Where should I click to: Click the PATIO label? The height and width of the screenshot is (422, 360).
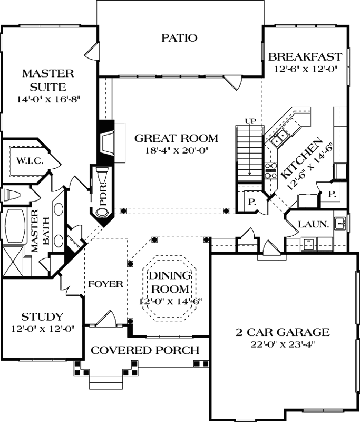(179, 38)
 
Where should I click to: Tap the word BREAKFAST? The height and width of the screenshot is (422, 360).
(305, 57)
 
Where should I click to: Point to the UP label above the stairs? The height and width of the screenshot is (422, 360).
(250, 121)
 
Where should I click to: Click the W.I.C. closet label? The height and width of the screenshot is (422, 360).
(30, 160)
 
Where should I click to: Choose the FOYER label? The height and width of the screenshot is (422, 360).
(105, 284)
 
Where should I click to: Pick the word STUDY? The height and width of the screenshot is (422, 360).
(42, 317)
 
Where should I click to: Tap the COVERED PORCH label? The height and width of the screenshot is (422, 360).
(145, 350)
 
